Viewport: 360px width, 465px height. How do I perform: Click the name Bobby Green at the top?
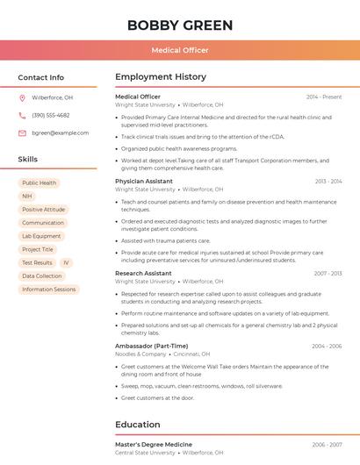click(180, 25)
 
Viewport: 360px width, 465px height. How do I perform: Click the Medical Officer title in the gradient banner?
click(180, 51)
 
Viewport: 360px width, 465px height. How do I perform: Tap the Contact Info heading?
click(41, 77)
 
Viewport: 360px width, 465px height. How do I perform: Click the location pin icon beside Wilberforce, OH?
click(22, 98)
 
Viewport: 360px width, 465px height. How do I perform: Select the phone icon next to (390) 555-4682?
click(22, 116)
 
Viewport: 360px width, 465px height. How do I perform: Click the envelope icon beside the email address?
click(22, 133)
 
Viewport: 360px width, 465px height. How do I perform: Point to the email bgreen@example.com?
click(61, 133)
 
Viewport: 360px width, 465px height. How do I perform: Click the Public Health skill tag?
click(40, 183)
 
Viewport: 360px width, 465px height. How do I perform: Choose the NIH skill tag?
click(27, 197)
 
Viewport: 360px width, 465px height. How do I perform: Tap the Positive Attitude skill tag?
click(44, 210)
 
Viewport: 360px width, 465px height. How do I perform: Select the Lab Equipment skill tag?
click(41, 236)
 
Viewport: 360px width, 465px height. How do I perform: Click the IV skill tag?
click(66, 262)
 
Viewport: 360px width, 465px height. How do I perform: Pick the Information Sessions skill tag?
click(49, 290)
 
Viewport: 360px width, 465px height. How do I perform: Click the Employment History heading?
click(161, 77)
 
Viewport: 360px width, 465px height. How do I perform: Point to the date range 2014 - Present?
click(324, 97)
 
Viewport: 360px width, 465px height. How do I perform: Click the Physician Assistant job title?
click(144, 182)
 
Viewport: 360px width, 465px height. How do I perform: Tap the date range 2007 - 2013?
click(328, 274)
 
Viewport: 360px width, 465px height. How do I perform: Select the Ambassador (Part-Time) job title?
click(151, 346)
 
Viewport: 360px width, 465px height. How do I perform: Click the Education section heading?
click(137, 425)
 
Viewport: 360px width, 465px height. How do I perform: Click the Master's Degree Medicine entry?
click(154, 445)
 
